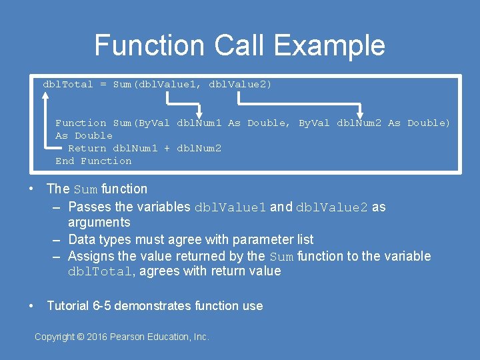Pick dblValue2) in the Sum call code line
click(x=241, y=85)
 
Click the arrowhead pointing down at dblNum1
click(x=199, y=113)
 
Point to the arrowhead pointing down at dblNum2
click(x=360, y=113)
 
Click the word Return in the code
click(x=87, y=148)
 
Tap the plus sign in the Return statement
click(x=167, y=148)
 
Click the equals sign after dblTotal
click(x=103, y=85)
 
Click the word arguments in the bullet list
click(x=99, y=222)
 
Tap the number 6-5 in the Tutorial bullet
click(x=103, y=306)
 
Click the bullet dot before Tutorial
click(x=31, y=306)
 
